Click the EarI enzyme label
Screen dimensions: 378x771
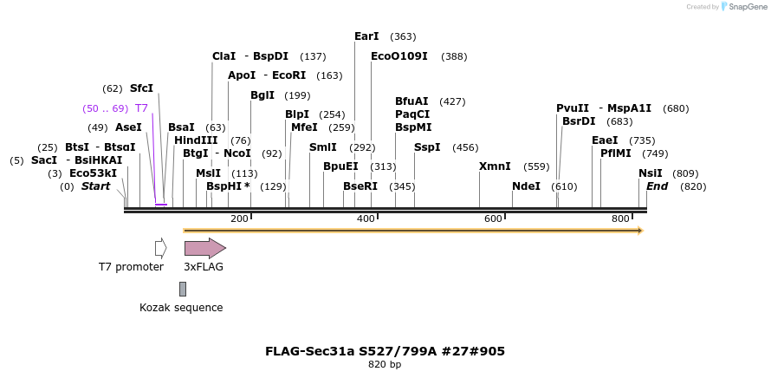(x=366, y=36)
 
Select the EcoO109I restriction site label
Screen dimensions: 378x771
(x=399, y=56)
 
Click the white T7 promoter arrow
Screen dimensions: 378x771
(x=160, y=248)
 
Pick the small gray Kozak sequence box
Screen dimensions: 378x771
(x=183, y=289)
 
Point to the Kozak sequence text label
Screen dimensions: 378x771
(x=181, y=308)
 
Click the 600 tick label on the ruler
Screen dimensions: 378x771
(x=493, y=218)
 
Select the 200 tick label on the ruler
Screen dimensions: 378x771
(x=239, y=218)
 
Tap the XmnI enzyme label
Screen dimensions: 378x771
(x=495, y=166)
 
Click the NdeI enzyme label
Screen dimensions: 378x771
(x=526, y=186)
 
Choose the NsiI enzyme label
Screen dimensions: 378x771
(x=650, y=173)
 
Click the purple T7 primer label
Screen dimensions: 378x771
(x=141, y=108)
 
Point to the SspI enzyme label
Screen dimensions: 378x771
(x=427, y=147)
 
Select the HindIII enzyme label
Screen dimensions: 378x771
(x=196, y=140)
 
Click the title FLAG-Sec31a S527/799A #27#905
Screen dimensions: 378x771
(x=385, y=351)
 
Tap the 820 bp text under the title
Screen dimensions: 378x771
(x=385, y=365)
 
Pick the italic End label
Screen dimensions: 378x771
(x=657, y=186)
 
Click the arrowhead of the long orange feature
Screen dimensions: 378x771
(x=640, y=231)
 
